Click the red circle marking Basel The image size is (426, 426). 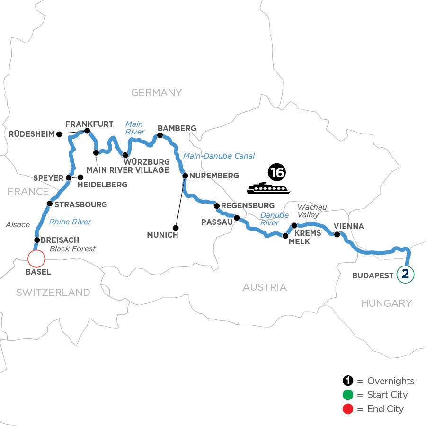(36, 258)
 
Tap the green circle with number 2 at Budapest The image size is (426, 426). (405, 274)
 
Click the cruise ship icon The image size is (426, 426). (267, 188)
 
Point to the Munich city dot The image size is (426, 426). (176, 226)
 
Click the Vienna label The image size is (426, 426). (349, 226)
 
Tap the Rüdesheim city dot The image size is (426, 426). (59, 134)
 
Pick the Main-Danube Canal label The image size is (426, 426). (219, 156)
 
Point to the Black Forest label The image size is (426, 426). (73, 248)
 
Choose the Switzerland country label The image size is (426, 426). (53, 293)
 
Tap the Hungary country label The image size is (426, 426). (387, 303)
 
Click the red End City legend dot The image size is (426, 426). (348, 409)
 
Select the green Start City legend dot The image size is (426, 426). (348, 395)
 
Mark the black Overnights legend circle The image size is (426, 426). (348, 382)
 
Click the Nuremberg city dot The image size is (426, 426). (185, 176)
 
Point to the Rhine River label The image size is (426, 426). (71, 222)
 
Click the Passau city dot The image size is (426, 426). (236, 218)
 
